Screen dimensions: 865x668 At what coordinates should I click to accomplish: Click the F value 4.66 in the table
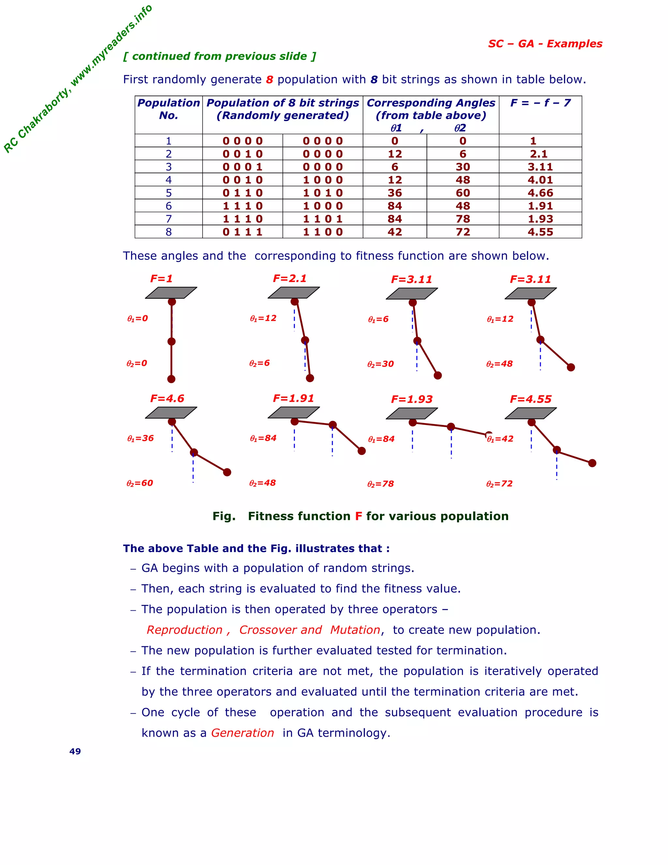[x=540, y=193]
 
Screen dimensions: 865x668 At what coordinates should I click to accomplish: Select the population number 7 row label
[x=169, y=219]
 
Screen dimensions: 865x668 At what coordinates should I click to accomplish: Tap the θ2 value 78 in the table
[x=463, y=219]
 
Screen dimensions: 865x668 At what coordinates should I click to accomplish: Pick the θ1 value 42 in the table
[x=395, y=232]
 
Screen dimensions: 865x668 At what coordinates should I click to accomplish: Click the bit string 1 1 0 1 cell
[x=323, y=219]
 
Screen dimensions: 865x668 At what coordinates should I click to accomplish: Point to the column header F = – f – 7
[x=540, y=103]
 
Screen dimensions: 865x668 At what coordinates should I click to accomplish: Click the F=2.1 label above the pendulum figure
[x=290, y=278]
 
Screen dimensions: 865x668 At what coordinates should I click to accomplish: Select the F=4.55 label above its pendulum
[x=530, y=399]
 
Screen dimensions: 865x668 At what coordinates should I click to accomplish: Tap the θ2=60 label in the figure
[x=140, y=483]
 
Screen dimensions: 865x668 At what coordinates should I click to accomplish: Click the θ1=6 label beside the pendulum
[x=378, y=319]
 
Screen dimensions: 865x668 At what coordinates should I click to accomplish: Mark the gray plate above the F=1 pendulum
[x=171, y=293]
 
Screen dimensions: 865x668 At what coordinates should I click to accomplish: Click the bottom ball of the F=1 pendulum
[x=171, y=379]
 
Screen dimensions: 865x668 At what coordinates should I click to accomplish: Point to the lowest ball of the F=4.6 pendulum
[x=227, y=472]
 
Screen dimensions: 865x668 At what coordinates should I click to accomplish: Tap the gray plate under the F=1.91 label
[x=294, y=412]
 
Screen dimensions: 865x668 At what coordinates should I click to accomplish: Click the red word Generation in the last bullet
[x=243, y=733]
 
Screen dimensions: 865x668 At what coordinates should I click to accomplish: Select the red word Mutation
[x=355, y=630]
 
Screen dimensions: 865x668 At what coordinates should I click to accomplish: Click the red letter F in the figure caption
[x=358, y=516]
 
